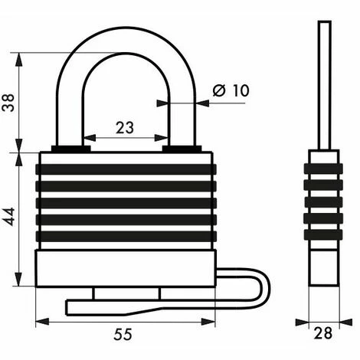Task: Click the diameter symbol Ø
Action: tap(217, 91)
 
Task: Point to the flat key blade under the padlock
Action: tap(115, 306)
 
